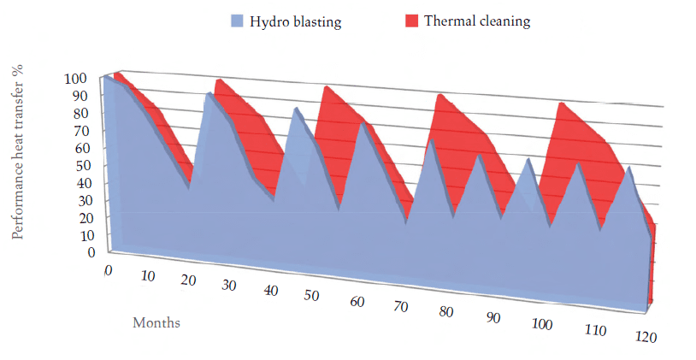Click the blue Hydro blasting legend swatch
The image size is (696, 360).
click(237, 21)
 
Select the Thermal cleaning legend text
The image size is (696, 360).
click(477, 21)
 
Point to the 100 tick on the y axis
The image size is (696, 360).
click(75, 79)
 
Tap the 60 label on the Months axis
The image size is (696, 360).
click(357, 302)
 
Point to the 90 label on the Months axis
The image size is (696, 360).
click(493, 318)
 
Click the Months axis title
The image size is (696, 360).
click(156, 323)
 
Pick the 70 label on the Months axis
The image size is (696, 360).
click(400, 306)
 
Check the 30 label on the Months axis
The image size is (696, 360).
click(229, 286)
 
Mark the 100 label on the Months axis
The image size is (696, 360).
click(542, 323)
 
